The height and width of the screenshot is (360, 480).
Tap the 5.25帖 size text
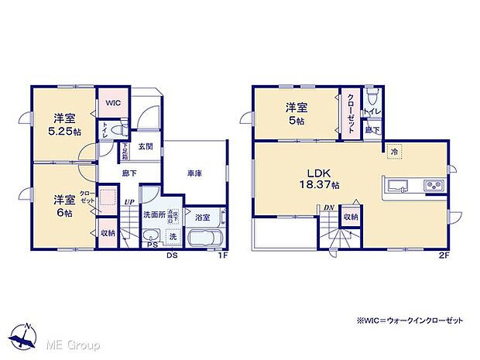(63, 131)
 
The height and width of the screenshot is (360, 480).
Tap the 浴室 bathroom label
(203, 218)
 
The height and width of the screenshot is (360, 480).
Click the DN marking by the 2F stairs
(328, 207)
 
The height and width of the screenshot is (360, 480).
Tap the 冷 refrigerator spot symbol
(394, 152)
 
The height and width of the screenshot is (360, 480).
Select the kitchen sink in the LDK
(398, 185)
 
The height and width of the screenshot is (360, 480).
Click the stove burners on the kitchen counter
(430, 185)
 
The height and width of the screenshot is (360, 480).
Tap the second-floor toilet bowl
(372, 96)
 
